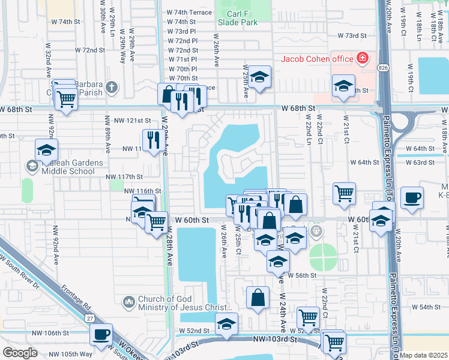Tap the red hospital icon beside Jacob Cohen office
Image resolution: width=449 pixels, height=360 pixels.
click(362, 59)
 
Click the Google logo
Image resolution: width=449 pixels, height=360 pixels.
click(20, 353)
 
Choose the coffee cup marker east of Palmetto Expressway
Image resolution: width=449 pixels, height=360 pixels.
click(412, 197)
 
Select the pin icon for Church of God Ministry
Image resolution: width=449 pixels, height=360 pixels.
click(128, 301)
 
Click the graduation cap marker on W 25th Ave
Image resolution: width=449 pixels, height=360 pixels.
click(259, 76)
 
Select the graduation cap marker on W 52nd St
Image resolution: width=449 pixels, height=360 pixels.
click(226, 323)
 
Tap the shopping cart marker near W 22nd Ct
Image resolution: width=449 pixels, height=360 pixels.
click(344, 193)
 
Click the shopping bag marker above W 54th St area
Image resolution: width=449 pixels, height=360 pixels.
click(258, 297)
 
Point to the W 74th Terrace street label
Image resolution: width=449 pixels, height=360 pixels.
click(189, 12)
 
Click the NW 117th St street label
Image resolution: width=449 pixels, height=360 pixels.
click(124, 177)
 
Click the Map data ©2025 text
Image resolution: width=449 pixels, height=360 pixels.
click(424, 355)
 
